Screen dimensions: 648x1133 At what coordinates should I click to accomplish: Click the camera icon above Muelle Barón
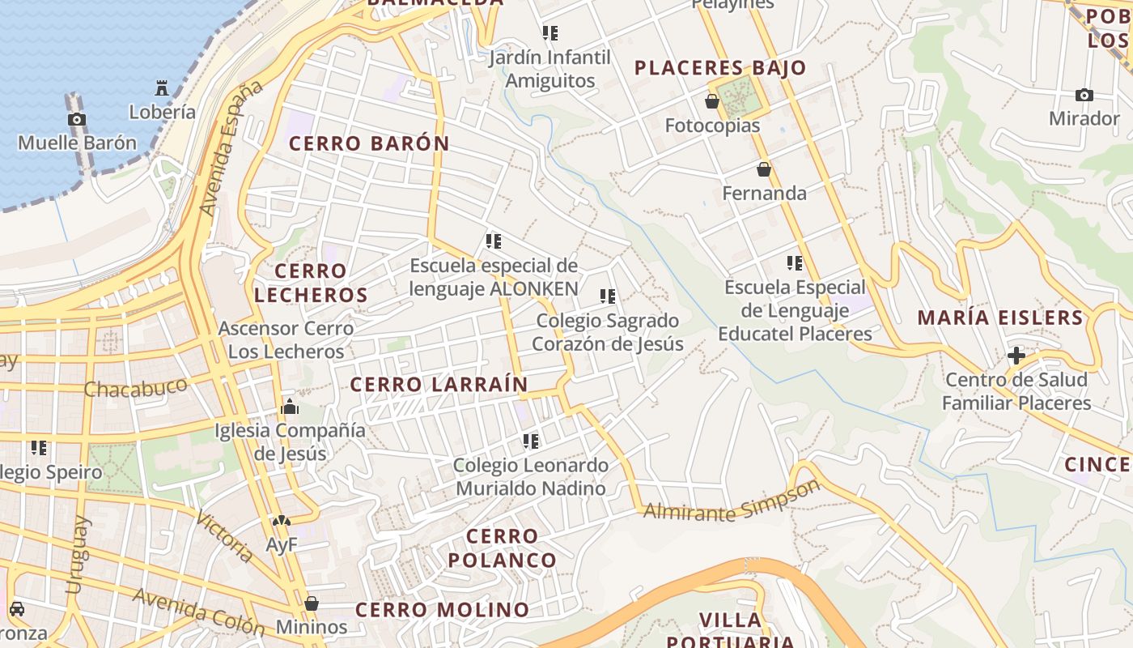click(x=77, y=120)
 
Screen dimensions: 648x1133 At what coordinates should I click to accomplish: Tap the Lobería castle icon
click(x=162, y=87)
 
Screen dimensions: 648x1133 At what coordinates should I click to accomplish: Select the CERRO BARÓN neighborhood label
click(x=369, y=144)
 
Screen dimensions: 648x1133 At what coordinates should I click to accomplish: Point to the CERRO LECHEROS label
click(x=311, y=283)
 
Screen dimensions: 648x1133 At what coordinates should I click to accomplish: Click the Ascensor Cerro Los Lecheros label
click(x=286, y=340)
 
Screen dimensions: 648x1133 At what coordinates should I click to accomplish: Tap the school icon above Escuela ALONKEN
click(x=494, y=241)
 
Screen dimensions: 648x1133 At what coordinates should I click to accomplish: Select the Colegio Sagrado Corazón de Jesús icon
click(x=608, y=296)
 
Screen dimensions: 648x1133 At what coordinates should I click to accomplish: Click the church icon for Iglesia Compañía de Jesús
click(x=290, y=407)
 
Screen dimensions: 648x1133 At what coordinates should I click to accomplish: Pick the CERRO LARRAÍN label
click(x=439, y=385)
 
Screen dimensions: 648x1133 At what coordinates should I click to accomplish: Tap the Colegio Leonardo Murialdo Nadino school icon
click(x=531, y=441)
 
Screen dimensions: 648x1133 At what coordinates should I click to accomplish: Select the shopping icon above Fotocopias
click(x=712, y=101)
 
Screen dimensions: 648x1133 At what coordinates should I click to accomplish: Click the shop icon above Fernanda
click(x=763, y=169)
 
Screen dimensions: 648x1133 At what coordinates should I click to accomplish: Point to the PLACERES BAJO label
click(x=720, y=68)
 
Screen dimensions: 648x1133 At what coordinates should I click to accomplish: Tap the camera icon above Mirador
click(x=1084, y=95)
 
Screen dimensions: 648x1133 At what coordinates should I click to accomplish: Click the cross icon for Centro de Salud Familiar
click(x=1016, y=356)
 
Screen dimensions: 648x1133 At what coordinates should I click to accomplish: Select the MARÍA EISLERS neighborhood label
click(x=1000, y=318)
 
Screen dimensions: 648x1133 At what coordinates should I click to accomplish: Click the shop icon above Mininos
click(x=312, y=603)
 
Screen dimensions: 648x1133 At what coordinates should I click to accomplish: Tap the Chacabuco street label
click(x=136, y=389)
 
